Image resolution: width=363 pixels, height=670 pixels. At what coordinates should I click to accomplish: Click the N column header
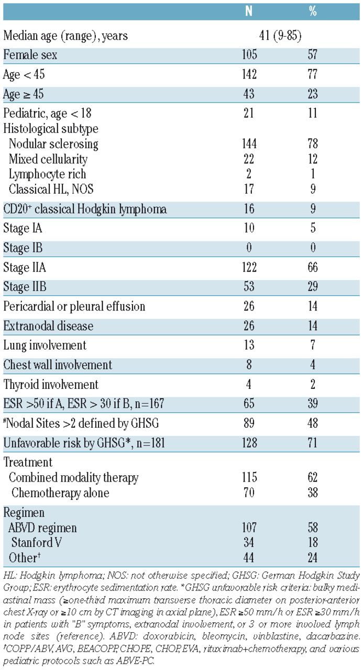pos(249,11)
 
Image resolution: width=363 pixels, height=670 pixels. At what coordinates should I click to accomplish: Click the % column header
pos(313,11)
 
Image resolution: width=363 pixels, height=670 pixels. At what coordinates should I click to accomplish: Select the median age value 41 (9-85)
pos(280,36)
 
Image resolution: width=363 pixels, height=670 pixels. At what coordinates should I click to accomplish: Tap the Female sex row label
pos(30,55)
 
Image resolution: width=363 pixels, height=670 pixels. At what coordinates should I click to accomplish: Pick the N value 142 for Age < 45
pos(249,74)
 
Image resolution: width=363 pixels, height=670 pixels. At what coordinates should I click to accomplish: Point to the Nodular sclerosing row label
pos(53,144)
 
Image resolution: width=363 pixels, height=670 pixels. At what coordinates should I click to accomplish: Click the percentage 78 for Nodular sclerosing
pos(313,143)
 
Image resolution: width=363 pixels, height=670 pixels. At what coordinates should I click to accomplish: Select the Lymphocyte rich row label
pos(47,174)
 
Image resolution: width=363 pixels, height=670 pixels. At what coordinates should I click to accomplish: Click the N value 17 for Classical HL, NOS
pos(249,189)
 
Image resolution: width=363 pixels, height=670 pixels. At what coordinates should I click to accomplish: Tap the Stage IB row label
pos(23,248)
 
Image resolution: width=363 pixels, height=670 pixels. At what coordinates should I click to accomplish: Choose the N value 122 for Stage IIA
pos(249,267)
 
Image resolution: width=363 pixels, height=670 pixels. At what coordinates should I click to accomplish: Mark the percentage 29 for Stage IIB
pos(313,286)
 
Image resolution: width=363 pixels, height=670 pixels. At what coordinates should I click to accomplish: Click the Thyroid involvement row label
pos(51,384)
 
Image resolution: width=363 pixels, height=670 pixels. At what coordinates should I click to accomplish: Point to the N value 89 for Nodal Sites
pos(249,423)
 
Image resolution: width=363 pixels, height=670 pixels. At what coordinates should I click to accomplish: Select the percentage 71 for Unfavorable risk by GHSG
pos(313,443)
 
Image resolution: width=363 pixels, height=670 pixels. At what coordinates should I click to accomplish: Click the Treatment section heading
pos(28,462)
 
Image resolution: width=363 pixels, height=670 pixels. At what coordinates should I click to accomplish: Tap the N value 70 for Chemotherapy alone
pos(249,493)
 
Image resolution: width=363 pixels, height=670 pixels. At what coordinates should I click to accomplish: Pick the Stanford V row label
pos(37,542)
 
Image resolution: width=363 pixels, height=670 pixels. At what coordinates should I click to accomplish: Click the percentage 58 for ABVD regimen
pos(313,527)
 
